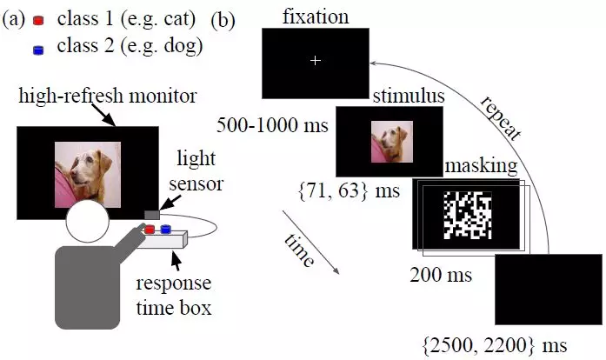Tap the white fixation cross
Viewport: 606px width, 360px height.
(315, 60)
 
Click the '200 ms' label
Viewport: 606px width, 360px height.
(441, 277)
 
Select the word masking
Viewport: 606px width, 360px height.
(471, 164)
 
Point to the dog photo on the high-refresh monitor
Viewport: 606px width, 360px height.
(88, 175)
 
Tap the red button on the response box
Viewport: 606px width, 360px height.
(150, 230)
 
